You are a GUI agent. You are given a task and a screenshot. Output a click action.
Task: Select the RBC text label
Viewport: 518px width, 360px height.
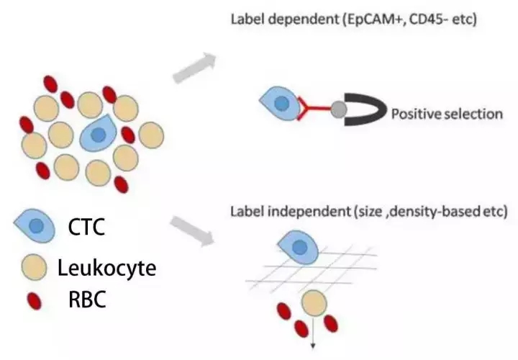[x=86, y=300]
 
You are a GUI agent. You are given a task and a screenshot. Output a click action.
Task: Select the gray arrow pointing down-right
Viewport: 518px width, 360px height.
[x=194, y=232]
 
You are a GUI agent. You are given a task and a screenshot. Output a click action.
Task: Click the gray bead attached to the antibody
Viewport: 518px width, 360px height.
[x=339, y=110]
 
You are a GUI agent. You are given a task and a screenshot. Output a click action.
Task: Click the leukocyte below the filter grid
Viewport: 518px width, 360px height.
[x=313, y=304]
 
